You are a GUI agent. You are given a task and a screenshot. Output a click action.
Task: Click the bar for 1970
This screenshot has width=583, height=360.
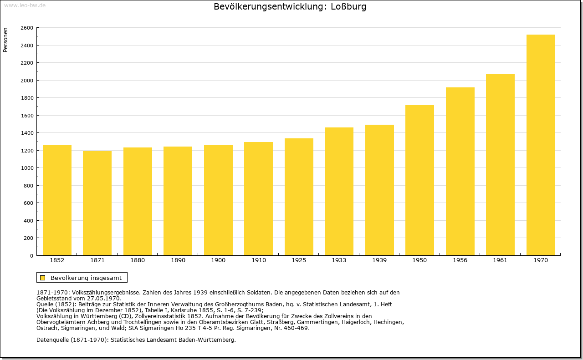[x=541, y=145]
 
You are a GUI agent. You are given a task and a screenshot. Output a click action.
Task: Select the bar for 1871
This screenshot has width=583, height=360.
[x=97, y=203]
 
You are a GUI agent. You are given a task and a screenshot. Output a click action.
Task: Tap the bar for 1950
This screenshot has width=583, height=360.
[x=419, y=180]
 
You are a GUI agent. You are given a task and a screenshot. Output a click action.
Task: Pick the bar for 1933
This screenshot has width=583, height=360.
[x=339, y=192]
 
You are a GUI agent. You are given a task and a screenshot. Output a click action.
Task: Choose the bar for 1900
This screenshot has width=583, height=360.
[x=218, y=200]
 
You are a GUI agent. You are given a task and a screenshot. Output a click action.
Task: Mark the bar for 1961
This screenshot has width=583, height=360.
[x=500, y=165]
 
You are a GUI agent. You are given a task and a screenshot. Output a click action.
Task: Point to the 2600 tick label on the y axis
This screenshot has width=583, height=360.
[x=27, y=28]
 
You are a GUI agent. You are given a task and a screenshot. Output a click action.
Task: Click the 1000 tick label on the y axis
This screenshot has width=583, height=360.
[x=27, y=168]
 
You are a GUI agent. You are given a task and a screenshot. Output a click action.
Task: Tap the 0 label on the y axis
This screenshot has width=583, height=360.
[x=31, y=256]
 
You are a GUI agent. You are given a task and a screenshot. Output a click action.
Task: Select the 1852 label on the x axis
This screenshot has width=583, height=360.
[x=57, y=260]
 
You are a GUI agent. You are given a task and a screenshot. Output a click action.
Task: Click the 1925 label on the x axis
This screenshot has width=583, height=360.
[x=299, y=260]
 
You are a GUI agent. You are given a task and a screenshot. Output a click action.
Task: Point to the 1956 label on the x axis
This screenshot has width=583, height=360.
[x=460, y=260]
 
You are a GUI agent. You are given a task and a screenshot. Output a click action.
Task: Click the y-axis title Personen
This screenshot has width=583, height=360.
[x=5, y=40]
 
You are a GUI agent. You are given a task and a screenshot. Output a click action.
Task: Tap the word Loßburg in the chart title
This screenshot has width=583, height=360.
[x=348, y=6]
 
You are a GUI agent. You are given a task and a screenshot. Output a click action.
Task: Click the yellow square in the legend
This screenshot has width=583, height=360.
[x=43, y=278]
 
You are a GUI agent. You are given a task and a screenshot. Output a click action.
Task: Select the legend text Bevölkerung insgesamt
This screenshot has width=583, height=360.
[x=86, y=278]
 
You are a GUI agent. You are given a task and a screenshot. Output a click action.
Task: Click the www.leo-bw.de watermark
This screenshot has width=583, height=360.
[x=25, y=5]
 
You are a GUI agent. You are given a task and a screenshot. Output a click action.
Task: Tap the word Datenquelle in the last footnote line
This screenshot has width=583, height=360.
[x=52, y=340]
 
